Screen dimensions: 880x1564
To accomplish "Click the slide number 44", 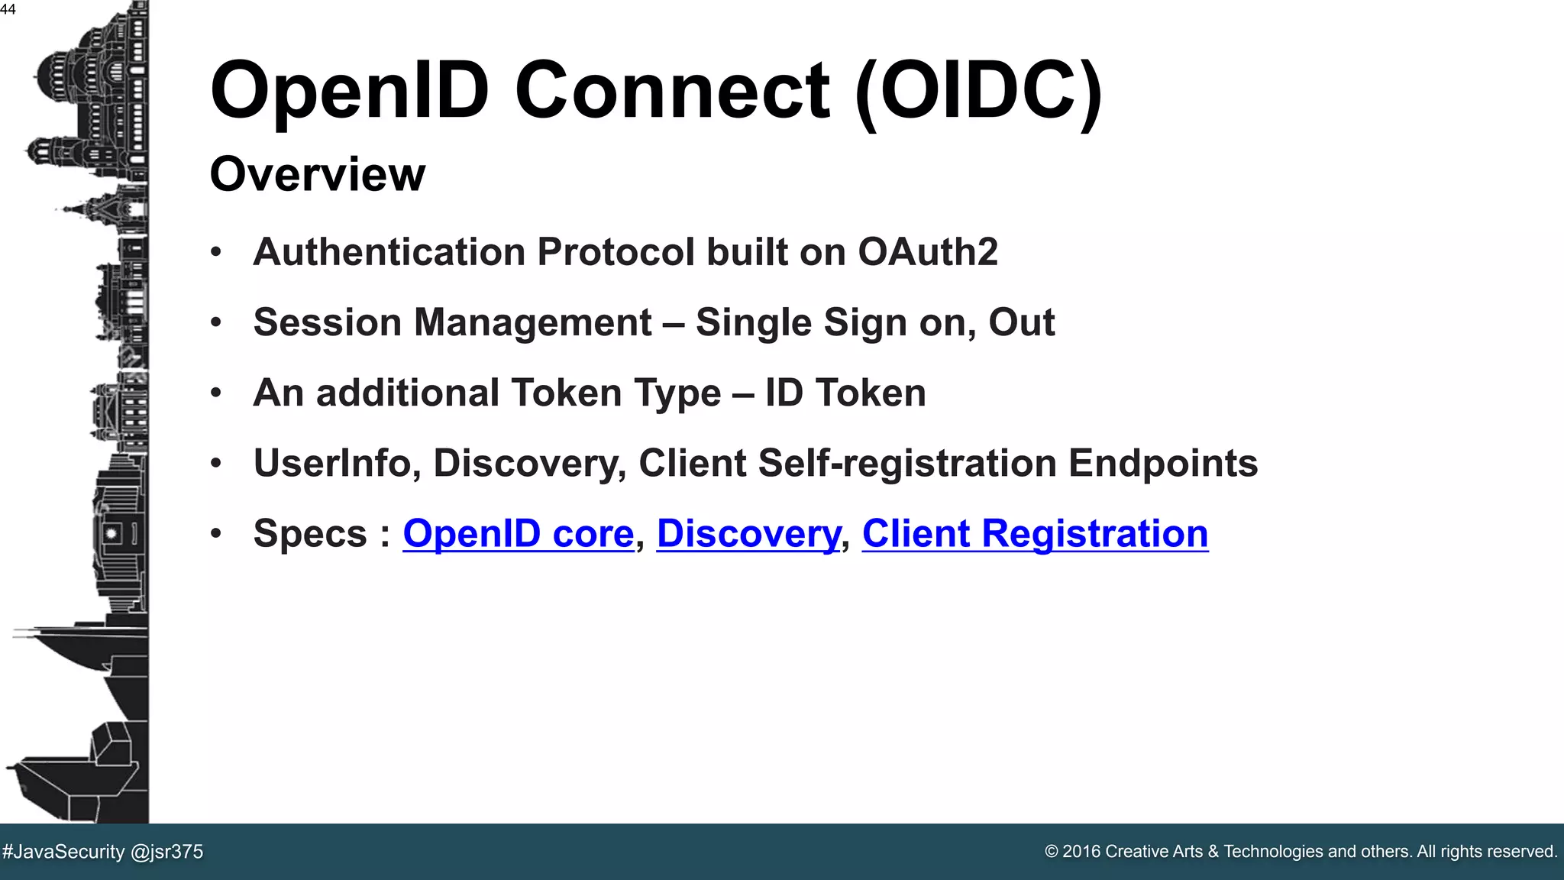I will (8, 9).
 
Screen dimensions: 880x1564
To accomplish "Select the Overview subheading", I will (317, 174).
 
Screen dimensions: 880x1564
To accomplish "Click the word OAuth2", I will (927, 252).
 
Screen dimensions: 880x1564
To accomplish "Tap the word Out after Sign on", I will (1021, 322).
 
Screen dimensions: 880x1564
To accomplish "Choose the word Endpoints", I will (1162, 463).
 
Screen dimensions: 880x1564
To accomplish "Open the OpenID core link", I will (518, 533).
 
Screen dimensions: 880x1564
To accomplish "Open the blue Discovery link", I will (748, 533).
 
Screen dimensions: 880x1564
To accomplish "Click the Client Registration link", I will (1035, 533).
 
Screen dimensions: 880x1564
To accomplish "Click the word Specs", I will (310, 533).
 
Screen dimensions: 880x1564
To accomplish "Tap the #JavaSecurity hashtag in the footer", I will (63, 852).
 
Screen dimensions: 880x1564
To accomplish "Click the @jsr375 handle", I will (167, 852).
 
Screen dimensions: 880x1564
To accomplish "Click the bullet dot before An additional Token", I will (216, 393).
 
